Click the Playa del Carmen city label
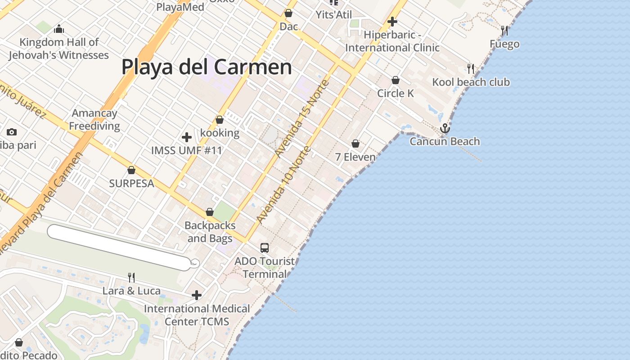click(x=207, y=67)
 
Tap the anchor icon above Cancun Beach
click(x=445, y=129)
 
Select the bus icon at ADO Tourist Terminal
click(x=265, y=248)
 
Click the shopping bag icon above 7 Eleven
click(x=355, y=144)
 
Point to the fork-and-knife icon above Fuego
click(x=504, y=31)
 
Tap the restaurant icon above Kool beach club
click(x=471, y=68)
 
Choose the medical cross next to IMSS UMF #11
click(x=187, y=137)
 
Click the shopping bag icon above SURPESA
click(x=131, y=170)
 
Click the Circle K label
click(x=395, y=94)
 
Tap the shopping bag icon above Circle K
click(x=395, y=80)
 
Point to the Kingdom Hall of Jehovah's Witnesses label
click(x=58, y=49)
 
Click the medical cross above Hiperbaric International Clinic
click(x=392, y=22)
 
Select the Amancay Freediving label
click(x=94, y=120)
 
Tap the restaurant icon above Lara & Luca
click(x=131, y=277)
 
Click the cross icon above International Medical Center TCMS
click(x=197, y=295)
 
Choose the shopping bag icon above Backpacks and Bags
click(x=210, y=212)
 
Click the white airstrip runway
click(x=119, y=248)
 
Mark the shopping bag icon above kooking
click(x=220, y=120)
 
